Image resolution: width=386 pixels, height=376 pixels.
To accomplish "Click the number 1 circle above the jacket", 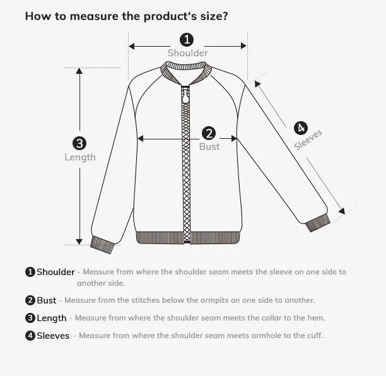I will [187, 40].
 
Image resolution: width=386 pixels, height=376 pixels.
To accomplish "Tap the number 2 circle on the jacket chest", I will [209, 133].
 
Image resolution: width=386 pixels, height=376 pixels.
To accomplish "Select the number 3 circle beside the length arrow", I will [79, 143].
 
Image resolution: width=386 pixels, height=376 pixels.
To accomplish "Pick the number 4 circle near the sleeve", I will [300, 127].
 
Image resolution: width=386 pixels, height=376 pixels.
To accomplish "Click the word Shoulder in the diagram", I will [187, 54].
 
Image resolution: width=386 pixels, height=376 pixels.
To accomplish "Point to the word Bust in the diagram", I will [209, 146].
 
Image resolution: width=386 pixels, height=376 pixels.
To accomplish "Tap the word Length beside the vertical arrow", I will [80, 157].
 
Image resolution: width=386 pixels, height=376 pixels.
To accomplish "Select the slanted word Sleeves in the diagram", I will [308, 140].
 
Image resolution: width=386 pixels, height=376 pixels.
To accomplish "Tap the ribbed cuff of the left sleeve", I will [102, 244].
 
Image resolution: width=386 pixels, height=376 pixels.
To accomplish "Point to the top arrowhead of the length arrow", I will [79, 71].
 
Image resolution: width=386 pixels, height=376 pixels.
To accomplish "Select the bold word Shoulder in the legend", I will [56, 272].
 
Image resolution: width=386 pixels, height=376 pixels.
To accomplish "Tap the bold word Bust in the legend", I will [46, 300].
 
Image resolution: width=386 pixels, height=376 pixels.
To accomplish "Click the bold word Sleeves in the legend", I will [53, 336].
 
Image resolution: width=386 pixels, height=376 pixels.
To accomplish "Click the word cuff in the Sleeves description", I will [314, 336].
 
